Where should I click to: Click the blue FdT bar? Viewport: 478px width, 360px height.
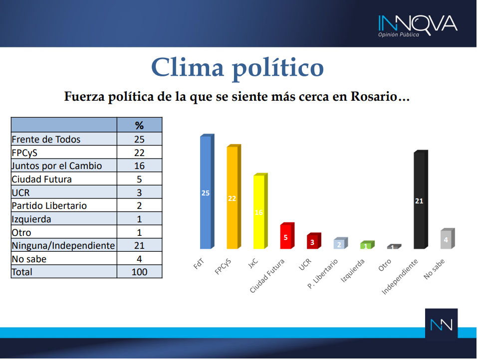click(207, 191)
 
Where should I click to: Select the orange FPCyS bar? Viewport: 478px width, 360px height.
click(234, 196)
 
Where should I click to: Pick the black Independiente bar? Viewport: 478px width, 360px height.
click(421, 199)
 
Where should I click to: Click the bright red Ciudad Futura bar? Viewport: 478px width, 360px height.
click(287, 236)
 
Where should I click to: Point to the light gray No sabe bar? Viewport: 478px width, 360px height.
click(448, 238)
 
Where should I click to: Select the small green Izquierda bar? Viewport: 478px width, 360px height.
click(367, 245)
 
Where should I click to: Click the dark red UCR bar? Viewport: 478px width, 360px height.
click(314, 241)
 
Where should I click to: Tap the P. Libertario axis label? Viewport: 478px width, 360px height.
click(322, 274)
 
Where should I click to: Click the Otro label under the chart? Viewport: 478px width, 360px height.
click(385, 265)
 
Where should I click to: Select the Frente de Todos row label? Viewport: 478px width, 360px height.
click(46, 139)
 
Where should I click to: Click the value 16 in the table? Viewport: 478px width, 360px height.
click(139, 166)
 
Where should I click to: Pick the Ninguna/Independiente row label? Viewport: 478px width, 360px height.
click(63, 245)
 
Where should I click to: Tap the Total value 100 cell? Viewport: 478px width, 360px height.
click(139, 272)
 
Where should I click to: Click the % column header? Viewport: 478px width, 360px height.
click(139, 125)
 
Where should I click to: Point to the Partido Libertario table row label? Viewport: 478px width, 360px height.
click(49, 205)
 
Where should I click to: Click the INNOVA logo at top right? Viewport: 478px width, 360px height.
click(418, 26)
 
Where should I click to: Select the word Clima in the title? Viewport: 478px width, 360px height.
click(188, 68)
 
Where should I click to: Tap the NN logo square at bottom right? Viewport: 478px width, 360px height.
click(441, 324)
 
